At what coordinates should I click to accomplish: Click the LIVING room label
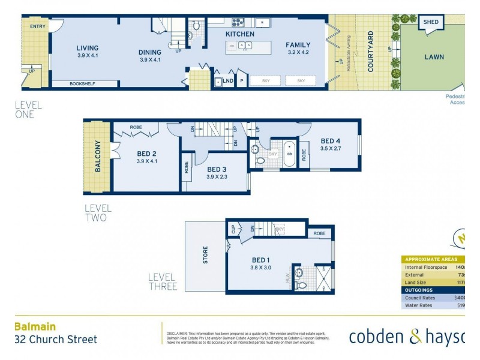click(87, 48)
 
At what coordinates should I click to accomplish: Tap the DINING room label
click(151, 52)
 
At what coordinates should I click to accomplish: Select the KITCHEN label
click(239, 34)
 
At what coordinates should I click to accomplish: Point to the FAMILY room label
click(298, 45)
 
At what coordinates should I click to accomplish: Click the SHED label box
click(431, 22)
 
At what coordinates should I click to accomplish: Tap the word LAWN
click(434, 57)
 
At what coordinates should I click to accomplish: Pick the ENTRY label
click(37, 26)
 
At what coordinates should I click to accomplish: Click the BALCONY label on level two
click(98, 156)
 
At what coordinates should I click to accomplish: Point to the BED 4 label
click(331, 141)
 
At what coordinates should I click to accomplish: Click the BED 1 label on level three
click(262, 260)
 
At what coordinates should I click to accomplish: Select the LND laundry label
click(228, 80)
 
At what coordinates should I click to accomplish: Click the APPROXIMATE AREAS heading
click(431, 259)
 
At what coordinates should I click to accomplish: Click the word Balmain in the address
click(35, 326)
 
